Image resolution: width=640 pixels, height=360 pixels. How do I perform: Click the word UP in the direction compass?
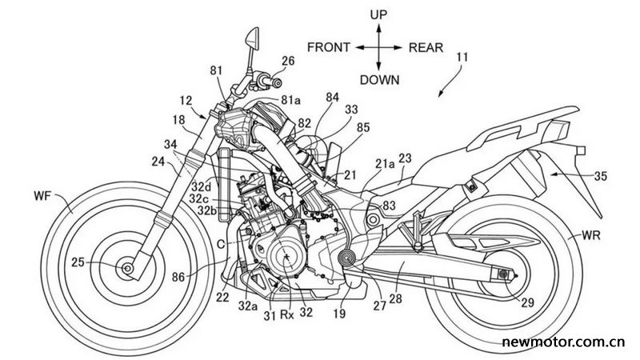(x=378, y=14)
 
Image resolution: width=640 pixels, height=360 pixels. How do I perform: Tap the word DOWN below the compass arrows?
(x=379, y=79)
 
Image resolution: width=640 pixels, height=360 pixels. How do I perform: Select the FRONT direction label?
(x=329, y=47)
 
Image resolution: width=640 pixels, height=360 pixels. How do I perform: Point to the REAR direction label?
(x=426, y=48)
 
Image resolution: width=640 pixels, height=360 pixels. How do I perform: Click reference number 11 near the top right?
(x=462, y=57)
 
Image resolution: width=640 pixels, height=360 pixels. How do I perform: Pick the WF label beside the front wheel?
(x=43, y=196)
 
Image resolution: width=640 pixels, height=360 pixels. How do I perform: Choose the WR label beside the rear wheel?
(x=591, y=234)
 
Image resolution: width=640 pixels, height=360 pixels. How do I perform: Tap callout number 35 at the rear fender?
(x=601, y=176)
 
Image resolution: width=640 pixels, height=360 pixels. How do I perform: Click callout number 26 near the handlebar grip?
(x=288, y=61)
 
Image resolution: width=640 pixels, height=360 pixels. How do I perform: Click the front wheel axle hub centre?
(x=127, y=268)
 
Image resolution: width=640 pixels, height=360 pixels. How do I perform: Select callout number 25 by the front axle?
(x=78, y=262)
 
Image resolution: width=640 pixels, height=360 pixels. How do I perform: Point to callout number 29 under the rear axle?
(x=527, y=302)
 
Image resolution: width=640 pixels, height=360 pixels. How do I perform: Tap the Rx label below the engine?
(x=286, y=314)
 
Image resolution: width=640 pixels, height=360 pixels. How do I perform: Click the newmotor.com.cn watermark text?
(x=563, y=342)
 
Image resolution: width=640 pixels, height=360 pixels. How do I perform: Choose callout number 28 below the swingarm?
(x=395, y=298)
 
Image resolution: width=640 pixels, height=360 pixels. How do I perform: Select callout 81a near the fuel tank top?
(x=290, y=100)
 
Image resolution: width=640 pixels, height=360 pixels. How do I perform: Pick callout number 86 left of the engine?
(x=178, y=278)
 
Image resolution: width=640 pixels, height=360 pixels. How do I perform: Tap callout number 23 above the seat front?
(x=406, y=158)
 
